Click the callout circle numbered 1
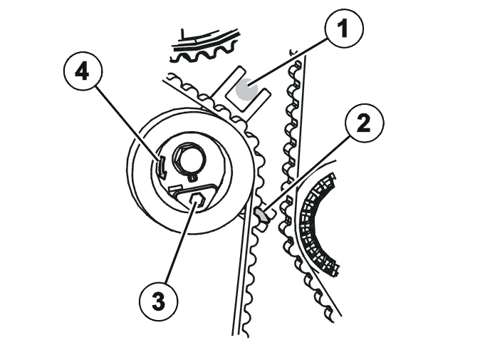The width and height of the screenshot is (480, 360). point(344,29)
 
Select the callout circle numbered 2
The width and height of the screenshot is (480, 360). point(364,123)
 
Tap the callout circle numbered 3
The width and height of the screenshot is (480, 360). point(158,301)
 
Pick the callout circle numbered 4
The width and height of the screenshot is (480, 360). point(83,72)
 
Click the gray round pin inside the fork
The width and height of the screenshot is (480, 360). point(246,88)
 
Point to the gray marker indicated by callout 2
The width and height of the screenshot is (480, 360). point(261,214)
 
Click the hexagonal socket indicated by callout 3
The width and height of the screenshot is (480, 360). point(197,200)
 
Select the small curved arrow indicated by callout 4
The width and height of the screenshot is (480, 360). point(162,168)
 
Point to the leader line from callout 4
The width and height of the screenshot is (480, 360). point(128,124)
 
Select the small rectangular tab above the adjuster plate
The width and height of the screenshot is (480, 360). point(176,187)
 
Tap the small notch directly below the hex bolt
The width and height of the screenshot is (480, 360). point(192,177)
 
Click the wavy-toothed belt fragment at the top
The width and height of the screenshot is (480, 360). point(204,46)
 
